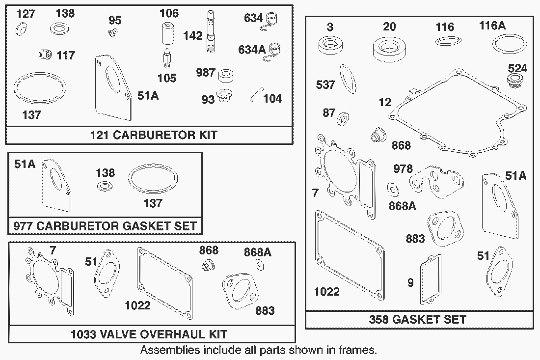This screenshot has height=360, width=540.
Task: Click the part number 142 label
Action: tap(192, 36)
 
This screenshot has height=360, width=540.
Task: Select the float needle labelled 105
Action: tap(167, 60)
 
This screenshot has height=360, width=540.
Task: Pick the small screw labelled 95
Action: tap(112, 33)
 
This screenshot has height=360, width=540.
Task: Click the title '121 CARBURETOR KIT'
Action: tap(154, 135)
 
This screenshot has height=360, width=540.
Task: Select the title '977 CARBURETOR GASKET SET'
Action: tap(106, 226)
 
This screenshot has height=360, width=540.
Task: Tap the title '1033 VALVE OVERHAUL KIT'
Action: tap(149, 334)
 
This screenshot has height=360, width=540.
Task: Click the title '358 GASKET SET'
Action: tap(418, 319)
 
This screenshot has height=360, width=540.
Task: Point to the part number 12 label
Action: tap(385, 102)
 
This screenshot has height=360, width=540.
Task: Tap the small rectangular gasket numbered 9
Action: tap(430, 279)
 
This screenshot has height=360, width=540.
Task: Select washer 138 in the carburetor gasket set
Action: tap(104, 187)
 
